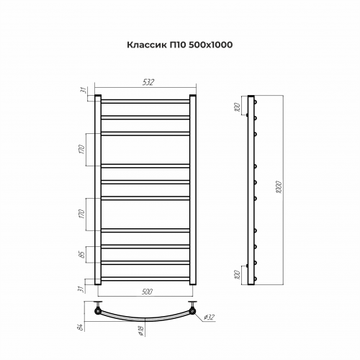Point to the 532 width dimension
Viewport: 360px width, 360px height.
pos(148,83)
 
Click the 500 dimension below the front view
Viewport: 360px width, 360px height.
pos(146,292)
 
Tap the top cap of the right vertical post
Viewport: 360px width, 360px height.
pos(193,94)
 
